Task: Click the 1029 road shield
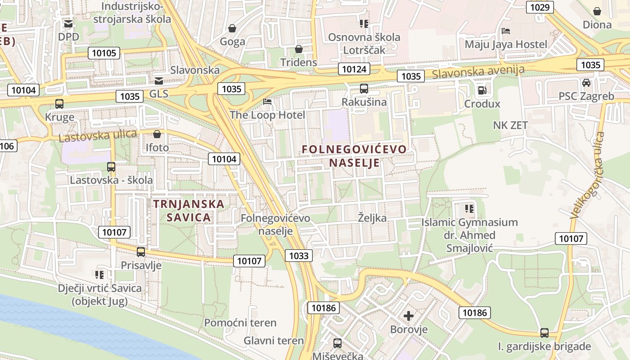pyautogui.click(x=540, y=7)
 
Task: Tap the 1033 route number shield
pyautogui.click(x=299, y=256)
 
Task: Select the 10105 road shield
pyautogui.click(x=104, y=53)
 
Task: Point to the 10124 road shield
pyautogui.click(x=354, y=69)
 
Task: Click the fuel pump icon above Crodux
pyautogui.click(x=482, y=90)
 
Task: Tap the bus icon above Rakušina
pyautogui.click(x=364, y=89)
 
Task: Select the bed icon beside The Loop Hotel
pyautogui.click(x=267, y=102)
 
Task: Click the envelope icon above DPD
pyautogui.click(x=68, y=23)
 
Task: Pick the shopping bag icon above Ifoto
pyautogui.click(x=157, y=134)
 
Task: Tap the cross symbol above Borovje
pyautogui.click(x=409, y=316)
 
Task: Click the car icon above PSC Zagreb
pyautogui.click(x=586, y=83)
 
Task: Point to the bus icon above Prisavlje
pyautogui.click(x=141, y=252)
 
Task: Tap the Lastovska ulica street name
pyautogui.click(x=98, y=135)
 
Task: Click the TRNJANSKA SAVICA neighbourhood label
pyautogui.click(x=189, y=210)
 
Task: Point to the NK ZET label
pyautogui.click(x=510, y=125)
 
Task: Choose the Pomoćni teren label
pyautogui.click(x=240, y=323)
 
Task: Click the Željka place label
pyautogui.click(x=372, y=218)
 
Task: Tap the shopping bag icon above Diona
pyautogui.click(x=597, y=11)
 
